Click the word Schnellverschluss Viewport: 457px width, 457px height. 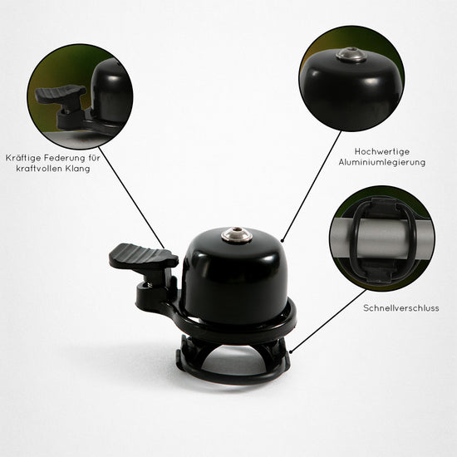click(401, 308)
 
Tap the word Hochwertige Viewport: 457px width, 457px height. click(382, 151)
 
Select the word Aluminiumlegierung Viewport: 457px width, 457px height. click(382, 162)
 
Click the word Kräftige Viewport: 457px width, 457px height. click(23, 158)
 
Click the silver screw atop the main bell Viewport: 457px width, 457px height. click(237, 234)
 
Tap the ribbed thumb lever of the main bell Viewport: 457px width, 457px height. click(143, 257)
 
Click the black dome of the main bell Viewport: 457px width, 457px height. click(235, 277)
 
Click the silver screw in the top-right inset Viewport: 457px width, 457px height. click(351, 55)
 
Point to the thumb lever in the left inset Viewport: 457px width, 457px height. click(61, 95)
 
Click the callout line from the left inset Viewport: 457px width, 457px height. click(131, 198)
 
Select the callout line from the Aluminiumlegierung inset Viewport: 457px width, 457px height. click(312, 186)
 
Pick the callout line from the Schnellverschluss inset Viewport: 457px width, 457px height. click(328, 322)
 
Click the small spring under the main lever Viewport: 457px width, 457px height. click(149, 284)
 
